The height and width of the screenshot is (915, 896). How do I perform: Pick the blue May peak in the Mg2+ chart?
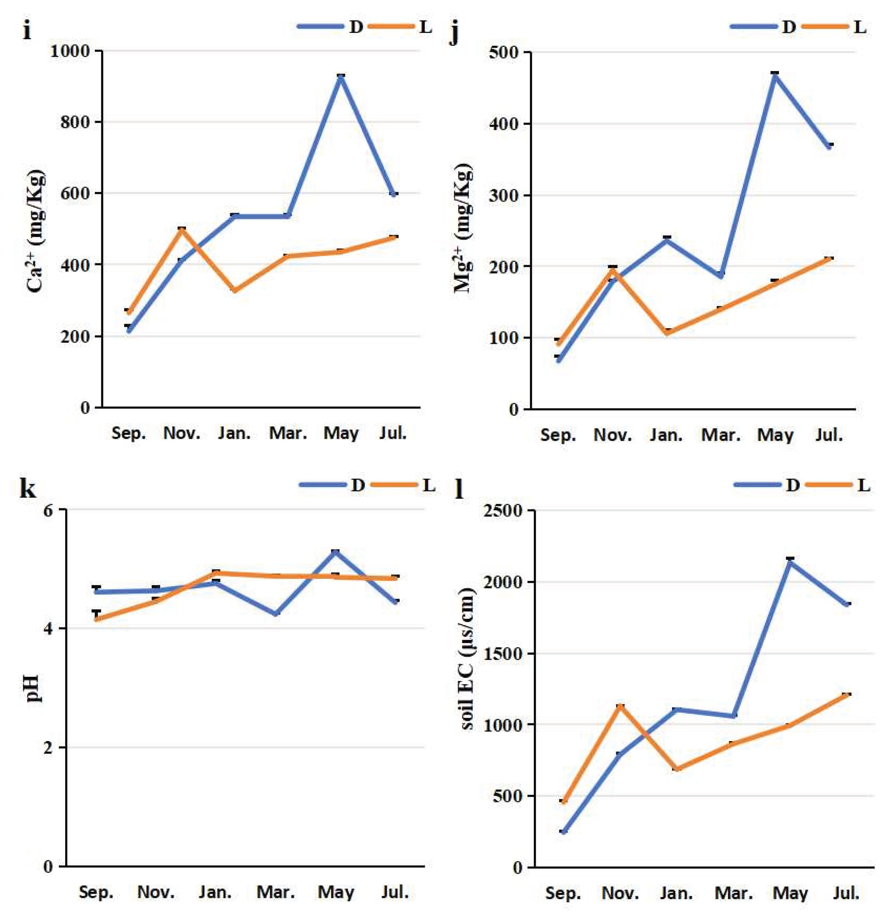[775, 74]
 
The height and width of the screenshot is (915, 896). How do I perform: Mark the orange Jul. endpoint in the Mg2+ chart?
[830, 259]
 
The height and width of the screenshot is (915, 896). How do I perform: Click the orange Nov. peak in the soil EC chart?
[620, 706]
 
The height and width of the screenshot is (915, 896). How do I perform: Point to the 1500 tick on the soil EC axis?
[503, 654]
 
